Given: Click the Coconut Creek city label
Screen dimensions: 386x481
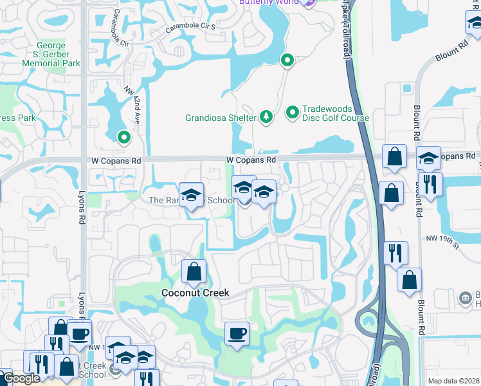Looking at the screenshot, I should coord(195,293).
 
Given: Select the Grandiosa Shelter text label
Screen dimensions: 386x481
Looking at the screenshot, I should coord(221,118).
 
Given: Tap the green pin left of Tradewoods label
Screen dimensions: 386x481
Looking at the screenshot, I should coord(293,113).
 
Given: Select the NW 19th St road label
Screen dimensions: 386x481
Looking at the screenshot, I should coord(444,241).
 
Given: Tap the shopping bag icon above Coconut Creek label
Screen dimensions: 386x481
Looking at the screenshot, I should coord(194,272).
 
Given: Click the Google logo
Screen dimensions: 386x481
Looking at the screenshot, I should coord(21,378).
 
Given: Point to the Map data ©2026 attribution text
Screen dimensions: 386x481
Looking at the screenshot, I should coord(453,381).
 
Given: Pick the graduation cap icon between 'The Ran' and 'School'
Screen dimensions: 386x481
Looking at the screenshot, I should coord(191,196).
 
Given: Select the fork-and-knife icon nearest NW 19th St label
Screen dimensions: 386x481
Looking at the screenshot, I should coord(397,252).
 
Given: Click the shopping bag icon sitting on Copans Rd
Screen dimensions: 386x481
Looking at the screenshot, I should coord(394,156).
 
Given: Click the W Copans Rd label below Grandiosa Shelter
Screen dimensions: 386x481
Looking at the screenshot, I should coord(251,160).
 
